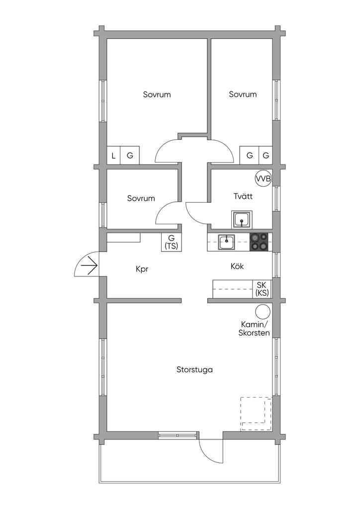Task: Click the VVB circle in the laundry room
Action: [263, 178]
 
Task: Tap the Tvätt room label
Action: [243, 196]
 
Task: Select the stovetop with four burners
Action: [259, 242]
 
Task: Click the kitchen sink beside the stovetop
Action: [227, 242]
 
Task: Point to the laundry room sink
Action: [242, 219]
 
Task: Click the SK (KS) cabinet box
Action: [262, 289]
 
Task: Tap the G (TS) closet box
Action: [171, 242]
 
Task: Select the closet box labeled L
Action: [113, 156]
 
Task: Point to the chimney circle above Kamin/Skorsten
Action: [263, 312]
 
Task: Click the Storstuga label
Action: [195, 369]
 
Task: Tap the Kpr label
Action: [142, 269]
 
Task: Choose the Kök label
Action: [237, 266]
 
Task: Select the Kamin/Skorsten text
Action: [254, 329]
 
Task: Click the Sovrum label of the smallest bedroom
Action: [141, 198]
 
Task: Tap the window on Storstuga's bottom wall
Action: [178, 435]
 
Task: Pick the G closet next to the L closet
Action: [130, 156]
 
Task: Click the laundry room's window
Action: [275, 199]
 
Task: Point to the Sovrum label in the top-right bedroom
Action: [243, 94]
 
